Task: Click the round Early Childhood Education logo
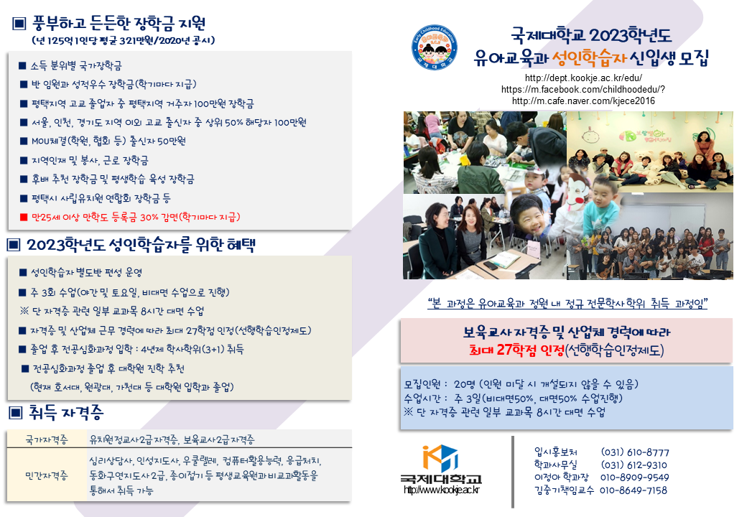pyautogui.click(x=434, y=47)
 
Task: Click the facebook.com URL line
pyautogui.click(x=583, y=90)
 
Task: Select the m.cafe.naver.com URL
pyautogui.click(x=583, y=101)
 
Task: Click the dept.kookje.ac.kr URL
pyautogui.click(x=583, y=78)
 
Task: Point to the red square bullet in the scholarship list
pyautogui.click(x=24, y=217)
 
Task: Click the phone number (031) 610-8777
pyautogui.click(x=634, y=452)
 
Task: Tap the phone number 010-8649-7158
pyautogui.click(x=633, y=490)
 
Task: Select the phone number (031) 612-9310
pyautogui.click(x=634, y=465)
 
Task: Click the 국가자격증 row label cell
pyautogui.click(x=47, y=439)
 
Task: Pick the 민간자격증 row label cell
pyautogui.click(x=47, y=475)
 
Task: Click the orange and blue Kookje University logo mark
pyautogui.click(x=440, y=457)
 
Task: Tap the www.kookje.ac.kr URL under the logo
pyautogui.click(x=441, y=490)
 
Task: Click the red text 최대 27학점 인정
pyautogui.click(x=516, y=350)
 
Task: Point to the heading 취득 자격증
pyautogui.click(x=66, y=413)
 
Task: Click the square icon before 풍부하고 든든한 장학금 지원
pyautogui.click(x=19, y=23)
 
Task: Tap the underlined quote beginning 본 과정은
pyautogui.click(x=567, y=303)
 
